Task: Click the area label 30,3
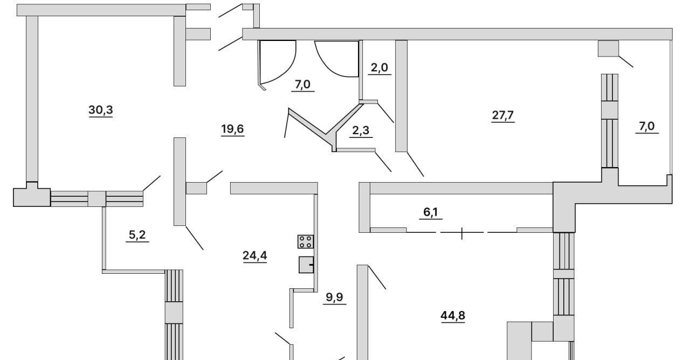(101, 110)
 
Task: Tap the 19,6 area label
(232, 129)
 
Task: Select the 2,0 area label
(379, 67)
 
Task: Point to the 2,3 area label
(361, 130)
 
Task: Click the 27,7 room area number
(503, 115)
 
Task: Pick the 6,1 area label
(431, 212)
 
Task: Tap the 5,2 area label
(137, 235)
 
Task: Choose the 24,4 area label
(255, 255)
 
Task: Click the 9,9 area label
(335, 297)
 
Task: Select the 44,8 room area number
(453, 316)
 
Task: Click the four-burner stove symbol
(306, 242)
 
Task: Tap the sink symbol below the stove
(306, 265)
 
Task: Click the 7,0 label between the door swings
(303, 85)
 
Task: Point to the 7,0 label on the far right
(647, 126)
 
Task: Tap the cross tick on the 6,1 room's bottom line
(462, 233)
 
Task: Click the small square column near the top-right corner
(609, 49)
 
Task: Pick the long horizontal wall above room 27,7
(457, 34)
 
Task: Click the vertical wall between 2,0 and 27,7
(402, 96)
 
